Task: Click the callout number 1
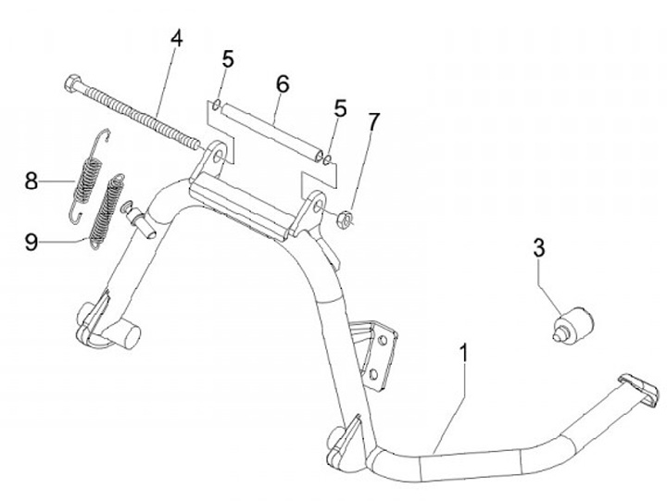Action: pyautogui.click(x=463, y=354)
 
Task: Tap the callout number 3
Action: pyautogui.click(x=538, y=248)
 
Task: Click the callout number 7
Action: pyautogui.click(x=373, y=121)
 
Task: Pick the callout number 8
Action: pyautogui.click(x=32, y=181)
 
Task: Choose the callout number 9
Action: pyautogui.click(x=32, y=243)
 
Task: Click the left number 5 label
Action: pyautogui.click(x=228, y=60)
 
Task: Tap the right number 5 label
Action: pyautogui.click(x=340, y=108)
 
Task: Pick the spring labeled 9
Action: pyautogui.click(x=107, y=210)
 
